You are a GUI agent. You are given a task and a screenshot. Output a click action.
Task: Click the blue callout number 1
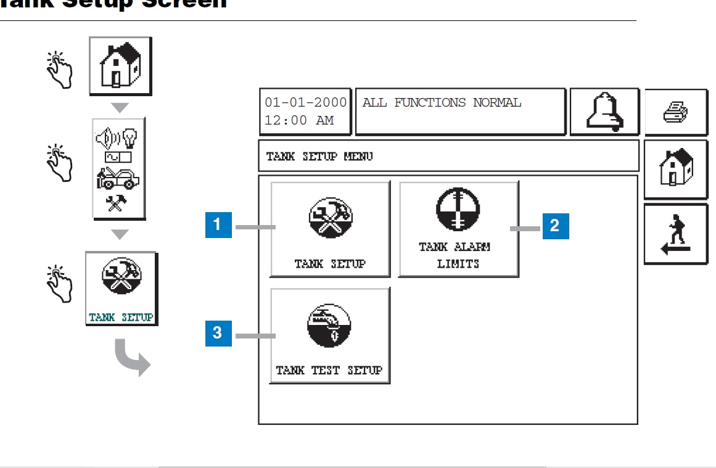pos(218,225)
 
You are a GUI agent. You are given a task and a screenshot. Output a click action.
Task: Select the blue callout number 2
pos(555,226)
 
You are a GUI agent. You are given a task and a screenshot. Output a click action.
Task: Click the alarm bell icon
pos(604,112)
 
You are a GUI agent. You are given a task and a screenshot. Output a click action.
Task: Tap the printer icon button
pos(675,113)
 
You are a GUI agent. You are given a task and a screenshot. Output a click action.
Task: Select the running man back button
pos(675,235)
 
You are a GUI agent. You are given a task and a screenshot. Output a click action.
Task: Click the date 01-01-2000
pos(305,103)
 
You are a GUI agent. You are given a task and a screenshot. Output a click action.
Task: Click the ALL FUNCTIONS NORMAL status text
pos(442,103)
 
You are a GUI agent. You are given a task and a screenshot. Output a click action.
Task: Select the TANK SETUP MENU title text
pos(319,157)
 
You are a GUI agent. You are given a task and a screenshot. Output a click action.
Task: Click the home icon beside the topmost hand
pos(120,65)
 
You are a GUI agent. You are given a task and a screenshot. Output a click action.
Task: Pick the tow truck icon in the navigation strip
pos(118,179)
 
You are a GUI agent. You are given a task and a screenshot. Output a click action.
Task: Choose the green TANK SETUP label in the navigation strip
pos(121,318)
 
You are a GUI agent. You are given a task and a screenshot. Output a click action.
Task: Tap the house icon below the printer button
pos(675,168)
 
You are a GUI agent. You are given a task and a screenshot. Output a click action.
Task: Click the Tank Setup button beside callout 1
pos(330,229)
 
